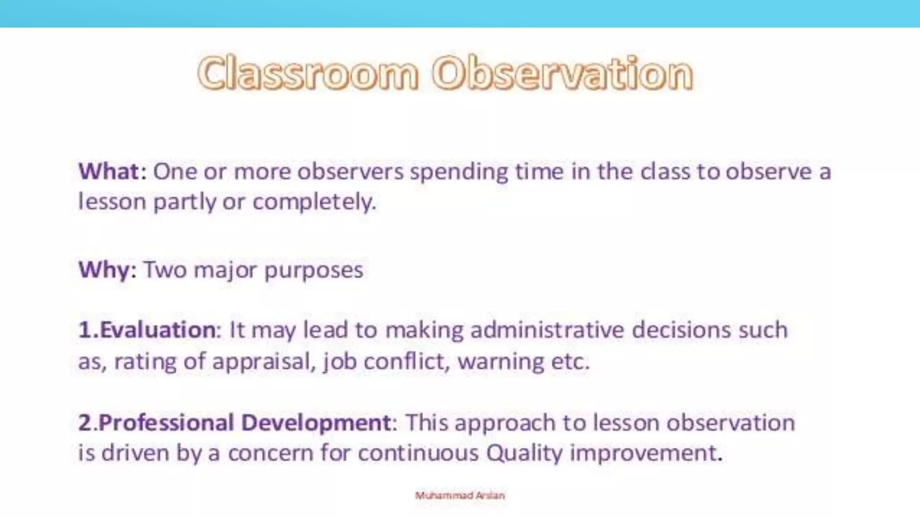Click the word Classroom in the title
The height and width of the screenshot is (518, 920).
[x=308, y=73]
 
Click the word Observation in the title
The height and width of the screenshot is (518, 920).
[x=562, y=73]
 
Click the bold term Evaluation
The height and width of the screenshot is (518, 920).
[x=157, y=330]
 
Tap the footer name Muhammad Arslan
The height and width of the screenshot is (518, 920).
[x=460, y=496]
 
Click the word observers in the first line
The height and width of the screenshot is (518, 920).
[x=350, y=172]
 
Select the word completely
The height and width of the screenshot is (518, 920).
[x=314, y=202]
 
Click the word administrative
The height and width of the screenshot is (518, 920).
[x=547, y=330]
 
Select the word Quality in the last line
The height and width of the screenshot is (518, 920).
[x=524, y=453]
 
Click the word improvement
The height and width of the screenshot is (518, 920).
[x=646, y=453]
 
